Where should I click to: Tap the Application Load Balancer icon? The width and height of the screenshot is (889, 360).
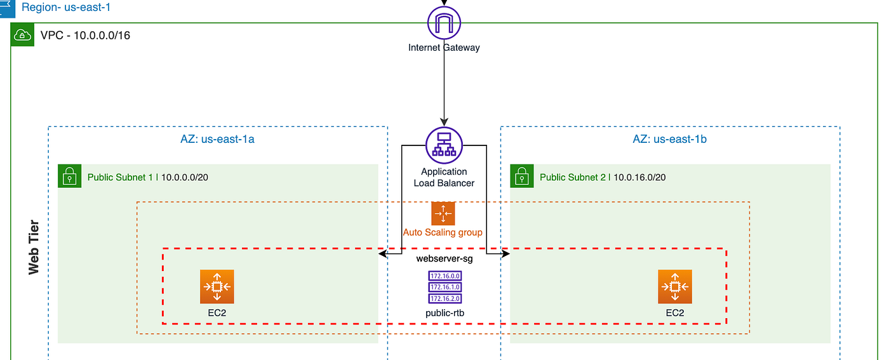(x=444, y=145)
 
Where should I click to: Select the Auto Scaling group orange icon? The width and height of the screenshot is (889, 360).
(x=443, y=213)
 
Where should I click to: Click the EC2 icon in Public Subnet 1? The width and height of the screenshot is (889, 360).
(x=217, y=286)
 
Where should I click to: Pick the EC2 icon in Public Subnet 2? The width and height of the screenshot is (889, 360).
(x=674, y=286)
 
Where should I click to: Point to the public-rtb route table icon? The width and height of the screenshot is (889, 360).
(x=444, y=287)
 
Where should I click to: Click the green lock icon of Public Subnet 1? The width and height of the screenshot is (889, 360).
(x=69, y=177)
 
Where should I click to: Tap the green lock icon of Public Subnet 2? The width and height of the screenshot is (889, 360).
(x=521, y=177)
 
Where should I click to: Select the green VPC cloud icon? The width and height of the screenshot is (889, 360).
(x=23, y=36)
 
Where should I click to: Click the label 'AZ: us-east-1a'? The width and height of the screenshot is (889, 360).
(x=218, y=139)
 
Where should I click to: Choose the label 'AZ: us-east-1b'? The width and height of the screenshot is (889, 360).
(x=670, y=139)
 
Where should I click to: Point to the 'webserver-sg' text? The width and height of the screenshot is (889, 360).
(x=444, y=258)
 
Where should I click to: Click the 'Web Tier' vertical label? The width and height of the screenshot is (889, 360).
(x=34, y=248)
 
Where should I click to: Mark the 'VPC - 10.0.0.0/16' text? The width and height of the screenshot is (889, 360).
(x=84, y=36)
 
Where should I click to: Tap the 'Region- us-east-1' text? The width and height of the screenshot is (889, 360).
(x=66, y=8)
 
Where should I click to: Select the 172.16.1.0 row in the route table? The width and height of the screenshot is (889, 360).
(x=444, y=287)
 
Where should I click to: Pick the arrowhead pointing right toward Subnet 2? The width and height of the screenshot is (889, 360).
(x=505, y=254)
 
